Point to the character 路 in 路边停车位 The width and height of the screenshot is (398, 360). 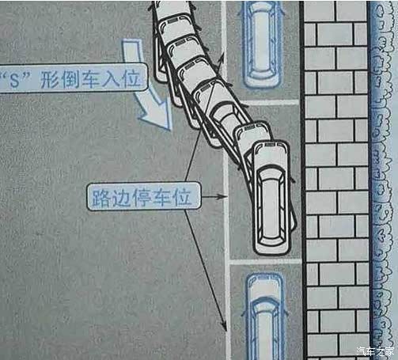(x=100, y=197)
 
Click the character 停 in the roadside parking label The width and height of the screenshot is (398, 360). (x=142, y=197)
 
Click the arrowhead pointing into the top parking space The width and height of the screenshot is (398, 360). (x=223, y=56)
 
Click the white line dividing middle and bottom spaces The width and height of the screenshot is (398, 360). (x=265, y=260)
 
